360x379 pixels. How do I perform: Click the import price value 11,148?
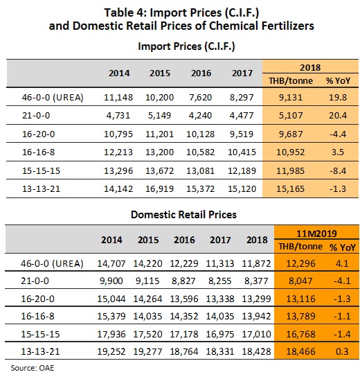coord(118,98)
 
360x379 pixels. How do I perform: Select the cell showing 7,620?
coord(200,98)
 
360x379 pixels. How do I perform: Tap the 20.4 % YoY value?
coord(338,116)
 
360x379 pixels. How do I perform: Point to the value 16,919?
coord(159,188)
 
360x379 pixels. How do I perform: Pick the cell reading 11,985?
coord(291,171)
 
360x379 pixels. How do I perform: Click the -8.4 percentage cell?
coord(338,171)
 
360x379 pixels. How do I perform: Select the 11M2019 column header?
coord(316,233)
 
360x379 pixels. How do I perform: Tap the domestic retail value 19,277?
coord(147,351)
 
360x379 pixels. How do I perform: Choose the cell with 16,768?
coord(300,334)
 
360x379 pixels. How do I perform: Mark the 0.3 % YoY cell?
coord(342,351)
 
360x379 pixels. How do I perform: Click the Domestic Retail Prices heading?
coord(183,215)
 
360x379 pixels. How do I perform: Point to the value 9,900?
coord(111,281)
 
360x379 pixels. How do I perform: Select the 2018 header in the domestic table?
coord(257,240)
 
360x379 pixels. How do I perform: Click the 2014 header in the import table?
coord(119,73)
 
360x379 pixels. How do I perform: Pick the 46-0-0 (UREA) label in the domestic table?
coord(52,263)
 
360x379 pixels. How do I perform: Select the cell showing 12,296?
coord(300,263)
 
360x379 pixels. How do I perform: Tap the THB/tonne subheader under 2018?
coord(291,80)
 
